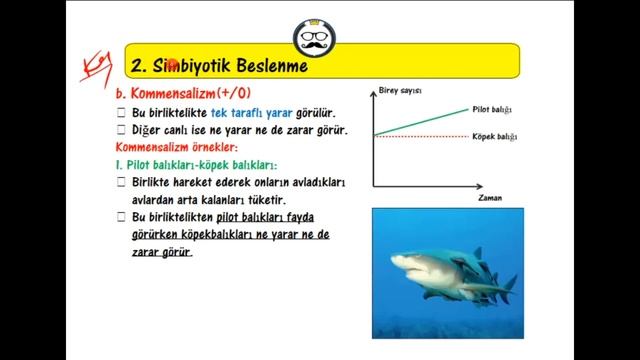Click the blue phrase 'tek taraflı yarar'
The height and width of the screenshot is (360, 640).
pos(250,113)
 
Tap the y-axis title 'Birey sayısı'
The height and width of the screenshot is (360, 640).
pos(400,91)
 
